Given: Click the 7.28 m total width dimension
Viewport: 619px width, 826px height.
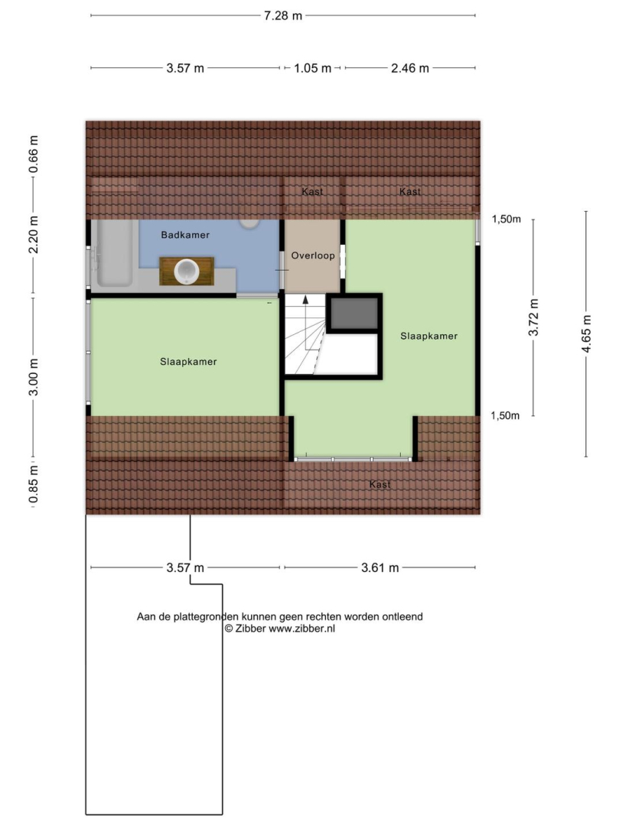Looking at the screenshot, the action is click(x=283, y=16).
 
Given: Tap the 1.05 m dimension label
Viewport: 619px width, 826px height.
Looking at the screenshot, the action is click(x=312, y=68).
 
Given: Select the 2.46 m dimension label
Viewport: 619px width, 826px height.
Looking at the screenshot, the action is click(x=410, y=68).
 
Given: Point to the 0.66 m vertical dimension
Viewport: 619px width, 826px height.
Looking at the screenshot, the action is click(x=33, y=154).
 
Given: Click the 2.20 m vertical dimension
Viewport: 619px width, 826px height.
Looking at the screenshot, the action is click(x=33, y=235).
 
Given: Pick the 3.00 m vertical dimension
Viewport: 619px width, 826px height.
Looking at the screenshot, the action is click(x=33, y=376).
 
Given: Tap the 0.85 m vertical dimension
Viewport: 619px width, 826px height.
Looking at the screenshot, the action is click(x=33, y=484).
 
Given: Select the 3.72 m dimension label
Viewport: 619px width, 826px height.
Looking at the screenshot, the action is click(x=533, y=317).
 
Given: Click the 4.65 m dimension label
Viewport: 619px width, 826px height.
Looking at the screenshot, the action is click(x=586, y=334).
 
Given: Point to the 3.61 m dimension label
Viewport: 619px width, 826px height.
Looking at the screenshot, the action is click(x=380, y=567).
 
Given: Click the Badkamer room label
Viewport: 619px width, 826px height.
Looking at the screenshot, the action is click(x=185, y=235).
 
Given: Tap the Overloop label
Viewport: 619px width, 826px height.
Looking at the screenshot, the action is click(x=313, y=255).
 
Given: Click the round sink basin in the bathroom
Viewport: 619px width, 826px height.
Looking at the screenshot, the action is click(x=187, y=272).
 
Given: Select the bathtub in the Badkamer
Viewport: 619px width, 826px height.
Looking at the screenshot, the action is click(x=113, y=253).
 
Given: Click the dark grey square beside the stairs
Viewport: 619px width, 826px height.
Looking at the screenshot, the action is click(x=354, y=314).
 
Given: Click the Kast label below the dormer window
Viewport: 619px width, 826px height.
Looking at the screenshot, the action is click(x=380, y=485).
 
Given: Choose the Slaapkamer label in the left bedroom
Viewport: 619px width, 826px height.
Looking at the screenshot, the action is click(x=188, y=362).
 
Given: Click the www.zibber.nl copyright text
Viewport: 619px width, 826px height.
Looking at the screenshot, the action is click(x=280, y=629).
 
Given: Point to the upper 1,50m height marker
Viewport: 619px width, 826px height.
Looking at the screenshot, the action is click(x=507, y=220).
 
